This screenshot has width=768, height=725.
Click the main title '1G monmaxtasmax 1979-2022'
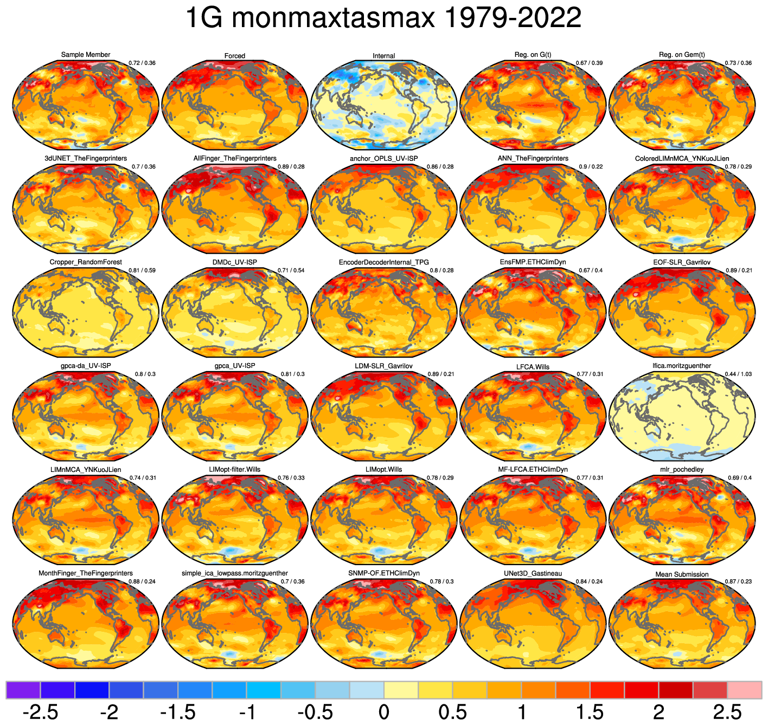pyautogui.click(x=383, y=18)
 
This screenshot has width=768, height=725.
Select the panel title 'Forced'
pyautogui.click(x=235, y=56)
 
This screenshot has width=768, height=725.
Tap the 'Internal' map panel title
pyautogui.click(x=384, y=56)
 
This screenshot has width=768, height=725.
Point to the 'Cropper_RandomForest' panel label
pyautogui.click(x=86, y=262)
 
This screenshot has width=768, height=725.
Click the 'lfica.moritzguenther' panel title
pyautogui.click(x=682, y=366)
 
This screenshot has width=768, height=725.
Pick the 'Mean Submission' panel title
pyautogui.click(x=682, y=574)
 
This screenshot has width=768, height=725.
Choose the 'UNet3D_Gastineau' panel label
pyautogui.click(x=533, y=573)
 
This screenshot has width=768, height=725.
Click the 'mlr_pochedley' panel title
pyautogui.click(x=682, y=469)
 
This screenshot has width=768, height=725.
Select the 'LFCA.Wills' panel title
pyautogui.click(x=533, y=367)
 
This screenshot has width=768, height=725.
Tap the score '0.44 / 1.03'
pyautogui.click(x=738, y=374)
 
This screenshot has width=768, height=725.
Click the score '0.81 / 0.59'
pyautogui.click(x=142, y=270)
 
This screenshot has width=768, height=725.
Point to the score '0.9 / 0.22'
pyautogui.click(x=589, y=167)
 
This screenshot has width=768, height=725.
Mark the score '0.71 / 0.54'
pyautogui.click(x=291, y=270)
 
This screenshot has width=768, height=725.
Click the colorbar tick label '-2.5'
pyautogui.click(x=41, y=712)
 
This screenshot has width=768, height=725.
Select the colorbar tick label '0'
pyautogui.click(x=384, y=712)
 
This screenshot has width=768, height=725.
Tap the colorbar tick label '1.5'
pyautogui.click(x=590, y=712)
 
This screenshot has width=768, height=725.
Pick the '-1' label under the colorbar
pyautogui.click(x=247, y=712)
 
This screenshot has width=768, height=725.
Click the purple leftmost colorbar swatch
pyautogui.click(x=23, y=690)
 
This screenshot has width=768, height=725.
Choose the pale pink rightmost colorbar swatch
pyautogui.click(x=744, y=690)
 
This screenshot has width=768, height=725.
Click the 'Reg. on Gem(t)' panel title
pyautogui.click(x=682, y=55)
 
